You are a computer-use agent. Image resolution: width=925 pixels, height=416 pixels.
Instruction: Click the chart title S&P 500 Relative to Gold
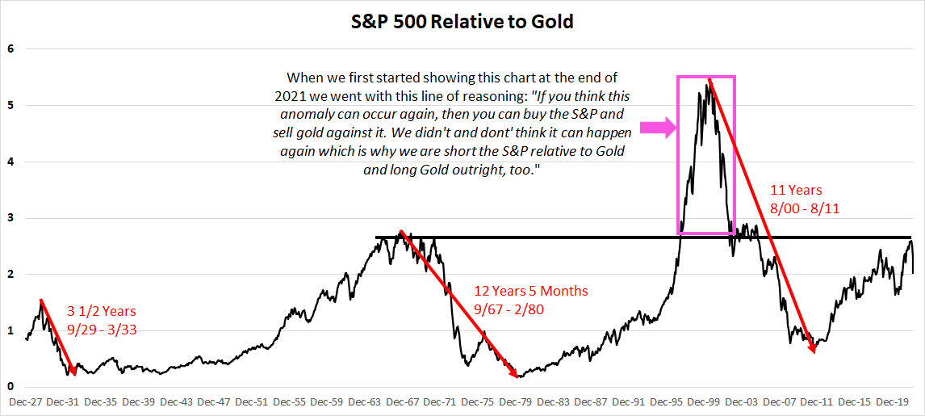pyautogui.click(x=462, y=23)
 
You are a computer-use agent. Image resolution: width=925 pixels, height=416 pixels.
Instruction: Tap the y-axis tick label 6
pyautogui.click(x=10, y=49)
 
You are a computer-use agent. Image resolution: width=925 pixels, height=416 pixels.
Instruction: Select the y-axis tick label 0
pyautogui.click(x=10, y=387)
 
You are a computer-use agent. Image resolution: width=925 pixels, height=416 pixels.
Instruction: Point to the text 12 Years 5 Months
pyautogui.click(x=531, y=291)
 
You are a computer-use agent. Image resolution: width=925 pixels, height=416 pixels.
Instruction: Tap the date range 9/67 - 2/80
pyautogui.click(x=509, y=309)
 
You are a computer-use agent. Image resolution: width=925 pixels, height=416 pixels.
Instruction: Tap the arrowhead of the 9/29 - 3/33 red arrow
pyautogui.click(x=73, y=370)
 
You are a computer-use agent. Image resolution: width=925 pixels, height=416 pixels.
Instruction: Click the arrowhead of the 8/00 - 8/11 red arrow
pyautogui.click(x=813, y=348)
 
